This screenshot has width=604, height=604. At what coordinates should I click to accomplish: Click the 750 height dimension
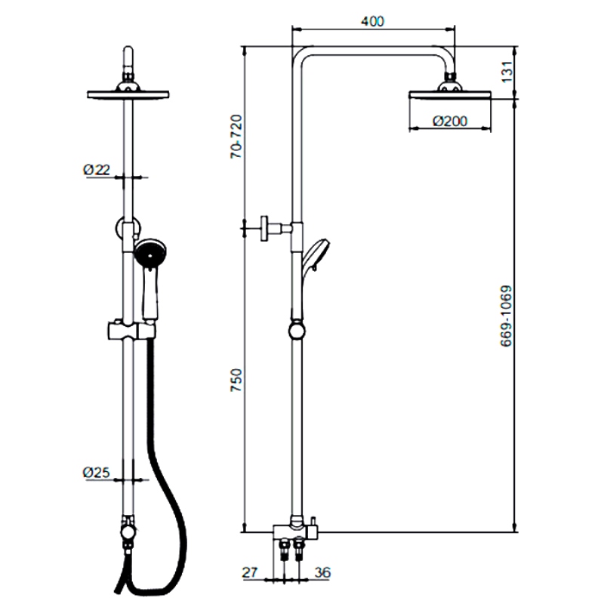(x=236, y=377)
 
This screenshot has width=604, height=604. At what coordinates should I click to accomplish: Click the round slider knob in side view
(x=297, y=329)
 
